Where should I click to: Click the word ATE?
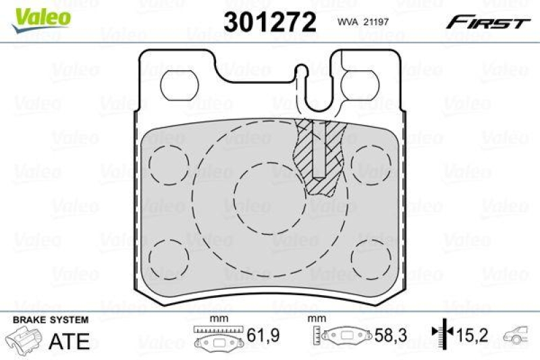click(70, 341)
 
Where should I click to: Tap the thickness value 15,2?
click(473, 333)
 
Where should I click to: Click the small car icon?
click(518, 334)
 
